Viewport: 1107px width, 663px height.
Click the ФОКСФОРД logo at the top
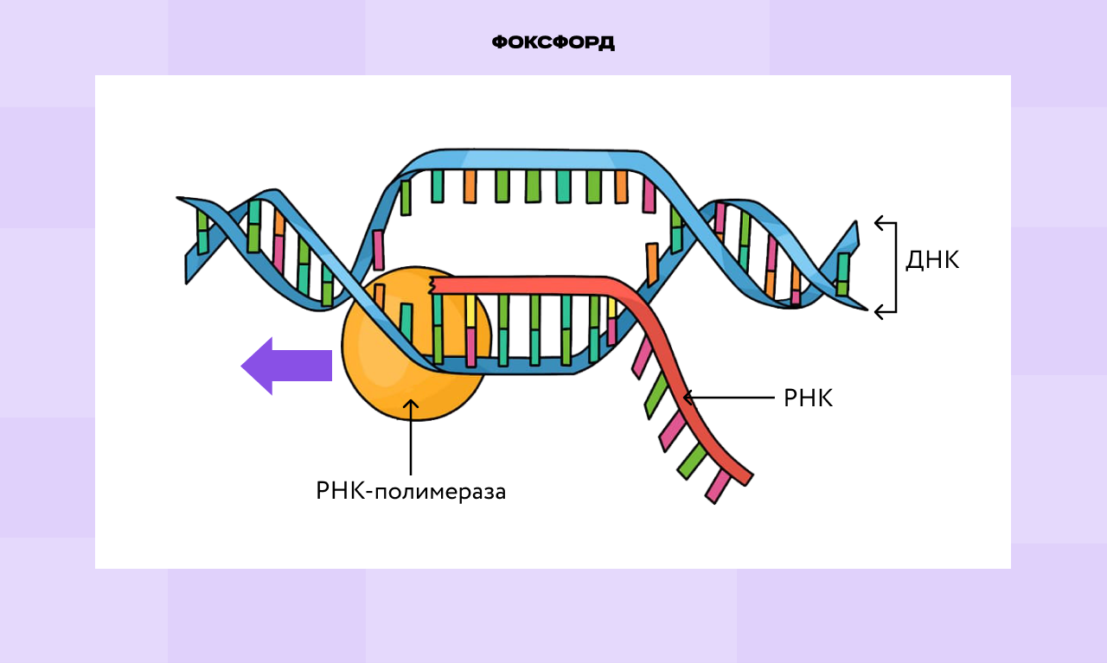[x=553, y=42]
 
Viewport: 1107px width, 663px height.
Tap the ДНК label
[x=932, y=260]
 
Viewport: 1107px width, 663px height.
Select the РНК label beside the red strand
[x=808, y=398]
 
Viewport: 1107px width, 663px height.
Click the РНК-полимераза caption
[x=411, y=492]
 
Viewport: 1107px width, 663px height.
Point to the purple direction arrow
[x=286, y=366]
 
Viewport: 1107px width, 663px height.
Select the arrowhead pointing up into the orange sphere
[x=411, y=405]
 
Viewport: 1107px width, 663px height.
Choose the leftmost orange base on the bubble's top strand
[x=470, y=186]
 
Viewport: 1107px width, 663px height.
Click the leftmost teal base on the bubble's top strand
[x=438, y=185]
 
